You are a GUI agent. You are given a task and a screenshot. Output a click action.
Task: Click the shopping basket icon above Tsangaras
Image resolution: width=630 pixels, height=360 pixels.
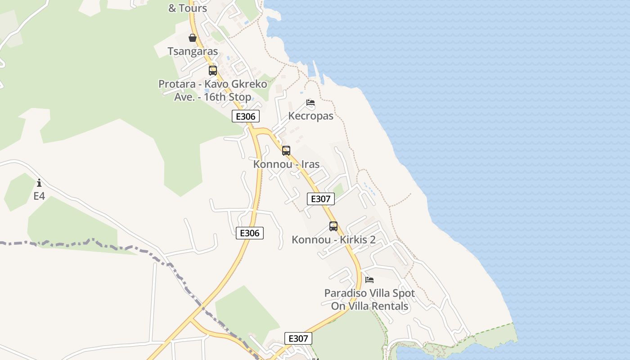(193, 38)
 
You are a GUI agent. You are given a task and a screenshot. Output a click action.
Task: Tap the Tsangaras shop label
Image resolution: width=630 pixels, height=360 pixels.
(193, 51)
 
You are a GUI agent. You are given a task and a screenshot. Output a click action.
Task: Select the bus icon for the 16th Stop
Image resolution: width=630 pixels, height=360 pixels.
(213, 71)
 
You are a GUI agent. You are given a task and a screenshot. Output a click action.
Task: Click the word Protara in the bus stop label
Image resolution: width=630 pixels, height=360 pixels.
(177, 84)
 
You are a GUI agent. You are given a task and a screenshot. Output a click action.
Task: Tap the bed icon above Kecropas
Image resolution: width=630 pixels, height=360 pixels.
(310, 103)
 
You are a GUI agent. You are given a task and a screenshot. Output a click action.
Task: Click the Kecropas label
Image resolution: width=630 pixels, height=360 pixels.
(310, 116)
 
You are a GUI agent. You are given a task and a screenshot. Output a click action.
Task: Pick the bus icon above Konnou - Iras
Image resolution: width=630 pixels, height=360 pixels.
(286, 151)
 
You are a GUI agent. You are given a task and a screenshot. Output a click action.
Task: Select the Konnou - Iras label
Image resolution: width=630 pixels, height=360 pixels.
(286, 164)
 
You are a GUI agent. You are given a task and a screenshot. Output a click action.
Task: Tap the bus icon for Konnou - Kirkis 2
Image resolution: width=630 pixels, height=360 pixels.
(333, 226)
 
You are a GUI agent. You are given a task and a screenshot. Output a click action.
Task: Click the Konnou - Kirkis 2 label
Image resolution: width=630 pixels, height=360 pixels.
(333, 239)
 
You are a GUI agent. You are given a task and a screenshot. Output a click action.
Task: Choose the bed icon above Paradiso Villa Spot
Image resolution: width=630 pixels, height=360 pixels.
(369, 280)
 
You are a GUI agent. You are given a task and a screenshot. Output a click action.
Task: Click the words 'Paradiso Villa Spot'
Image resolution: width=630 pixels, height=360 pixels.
(369, 293)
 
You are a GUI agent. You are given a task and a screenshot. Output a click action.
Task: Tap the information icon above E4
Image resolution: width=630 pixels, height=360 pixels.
(40, 183)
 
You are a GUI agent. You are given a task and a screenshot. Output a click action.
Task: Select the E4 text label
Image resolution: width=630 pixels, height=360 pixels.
(40, 196)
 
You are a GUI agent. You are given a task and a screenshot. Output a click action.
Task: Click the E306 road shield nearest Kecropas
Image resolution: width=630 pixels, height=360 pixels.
(246, 117)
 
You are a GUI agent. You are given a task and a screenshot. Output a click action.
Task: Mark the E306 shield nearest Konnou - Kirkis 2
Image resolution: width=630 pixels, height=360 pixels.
(250, 233)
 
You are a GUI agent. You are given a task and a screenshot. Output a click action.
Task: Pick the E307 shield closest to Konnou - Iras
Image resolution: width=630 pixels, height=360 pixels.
(321, 199)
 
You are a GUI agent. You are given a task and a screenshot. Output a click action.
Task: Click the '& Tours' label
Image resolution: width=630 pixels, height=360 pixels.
(187, 8)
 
